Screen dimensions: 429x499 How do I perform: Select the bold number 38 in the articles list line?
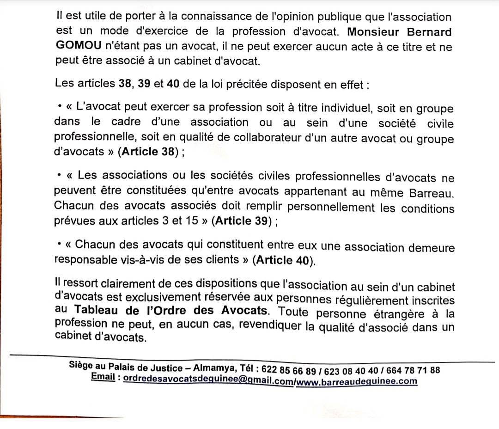pyautogui.click(x=122, y=84)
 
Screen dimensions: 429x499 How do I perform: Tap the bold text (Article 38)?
pyautogui.click(x=148, y=153)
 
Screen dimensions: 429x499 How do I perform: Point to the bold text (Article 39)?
pyautogui.click(x=243, y=221)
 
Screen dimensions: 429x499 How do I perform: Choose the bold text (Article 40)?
pyautogui.click(x=283, y=260)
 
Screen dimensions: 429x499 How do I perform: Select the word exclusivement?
pyautogui.click(x=194, y=301)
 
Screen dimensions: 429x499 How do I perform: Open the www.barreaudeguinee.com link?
pyautogui.click(x=356, y=381)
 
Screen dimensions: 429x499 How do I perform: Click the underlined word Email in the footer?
pyautogui.click(x=103, y=376)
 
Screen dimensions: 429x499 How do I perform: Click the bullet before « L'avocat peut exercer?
pyautogui.click(x=60, y=107)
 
